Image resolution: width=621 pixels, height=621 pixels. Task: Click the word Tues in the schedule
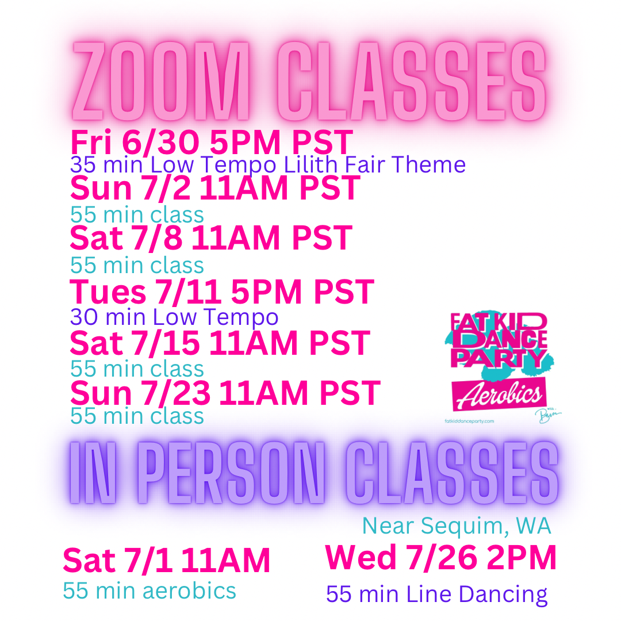coord(108,292)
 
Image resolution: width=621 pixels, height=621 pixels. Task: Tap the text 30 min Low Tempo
coord(174,317)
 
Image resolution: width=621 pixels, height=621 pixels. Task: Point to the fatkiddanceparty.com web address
coord(469,421)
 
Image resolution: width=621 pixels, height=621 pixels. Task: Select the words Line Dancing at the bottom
coord(477,595)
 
